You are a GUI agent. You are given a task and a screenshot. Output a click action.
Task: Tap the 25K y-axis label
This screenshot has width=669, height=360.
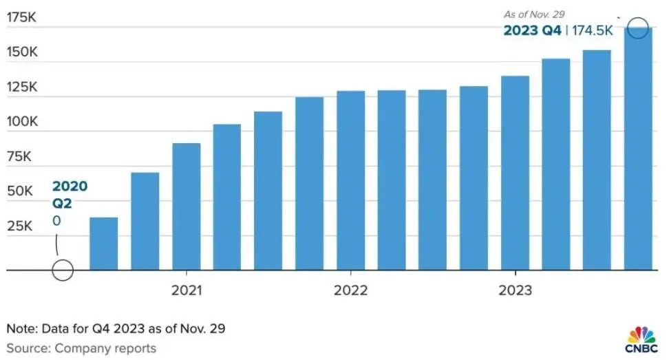point(19,226)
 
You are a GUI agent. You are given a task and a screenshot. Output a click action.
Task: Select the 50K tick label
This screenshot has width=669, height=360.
point(19,191)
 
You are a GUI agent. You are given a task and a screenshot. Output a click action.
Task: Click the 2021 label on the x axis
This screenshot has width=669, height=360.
point(187,290)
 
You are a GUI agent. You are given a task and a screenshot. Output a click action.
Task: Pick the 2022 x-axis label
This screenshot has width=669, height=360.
point(350,290)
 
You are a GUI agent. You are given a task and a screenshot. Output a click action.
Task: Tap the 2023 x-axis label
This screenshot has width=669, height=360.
point(515,290)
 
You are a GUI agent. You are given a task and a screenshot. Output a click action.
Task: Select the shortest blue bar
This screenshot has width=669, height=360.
point(103,244)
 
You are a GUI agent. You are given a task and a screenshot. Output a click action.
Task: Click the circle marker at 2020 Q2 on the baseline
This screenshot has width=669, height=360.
point(63,271)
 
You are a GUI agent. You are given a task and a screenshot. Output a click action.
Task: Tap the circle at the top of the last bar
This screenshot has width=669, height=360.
point(639,28)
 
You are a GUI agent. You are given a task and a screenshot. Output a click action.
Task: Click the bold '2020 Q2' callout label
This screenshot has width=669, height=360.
point(70,194)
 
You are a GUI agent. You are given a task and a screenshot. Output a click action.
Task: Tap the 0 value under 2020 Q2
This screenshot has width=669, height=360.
point(57,220)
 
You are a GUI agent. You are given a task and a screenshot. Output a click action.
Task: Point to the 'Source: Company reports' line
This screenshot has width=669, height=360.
point(81,348)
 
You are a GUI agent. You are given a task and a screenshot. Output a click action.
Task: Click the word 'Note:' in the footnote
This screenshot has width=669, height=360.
point(21,328)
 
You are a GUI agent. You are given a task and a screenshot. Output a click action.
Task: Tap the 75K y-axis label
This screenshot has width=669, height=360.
point(19,156)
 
